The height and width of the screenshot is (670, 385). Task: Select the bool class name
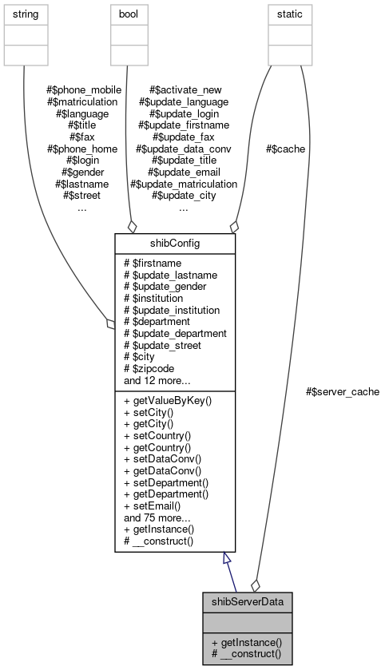click(129, 14)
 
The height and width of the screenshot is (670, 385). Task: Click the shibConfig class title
click(174, 244)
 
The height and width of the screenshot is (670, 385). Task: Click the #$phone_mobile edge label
click(82, 90)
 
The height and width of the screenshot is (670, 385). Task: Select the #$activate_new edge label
click(183, 90)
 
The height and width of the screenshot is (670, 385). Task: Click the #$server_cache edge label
click(342, 391)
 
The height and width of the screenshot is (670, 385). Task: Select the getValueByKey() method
click(168, 400)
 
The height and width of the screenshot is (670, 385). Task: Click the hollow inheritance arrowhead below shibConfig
click(228, 560)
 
